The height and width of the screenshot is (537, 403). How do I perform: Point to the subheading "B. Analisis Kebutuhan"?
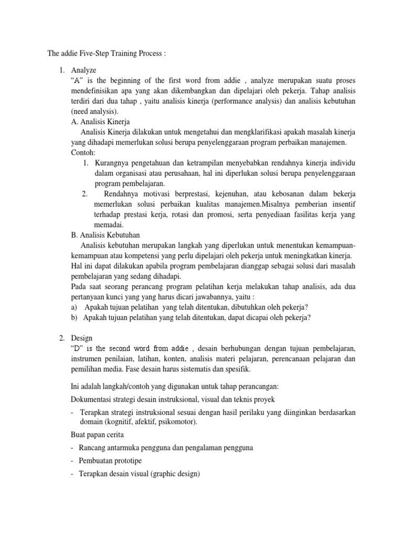click(105, 234)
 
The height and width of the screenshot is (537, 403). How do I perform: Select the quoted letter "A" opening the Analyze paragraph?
click(77, 82)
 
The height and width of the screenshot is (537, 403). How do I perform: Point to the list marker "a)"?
click(75, 307)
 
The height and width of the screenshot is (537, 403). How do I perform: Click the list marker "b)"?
click(75, 317)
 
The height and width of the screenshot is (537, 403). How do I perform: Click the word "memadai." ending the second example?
click(109, 224)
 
